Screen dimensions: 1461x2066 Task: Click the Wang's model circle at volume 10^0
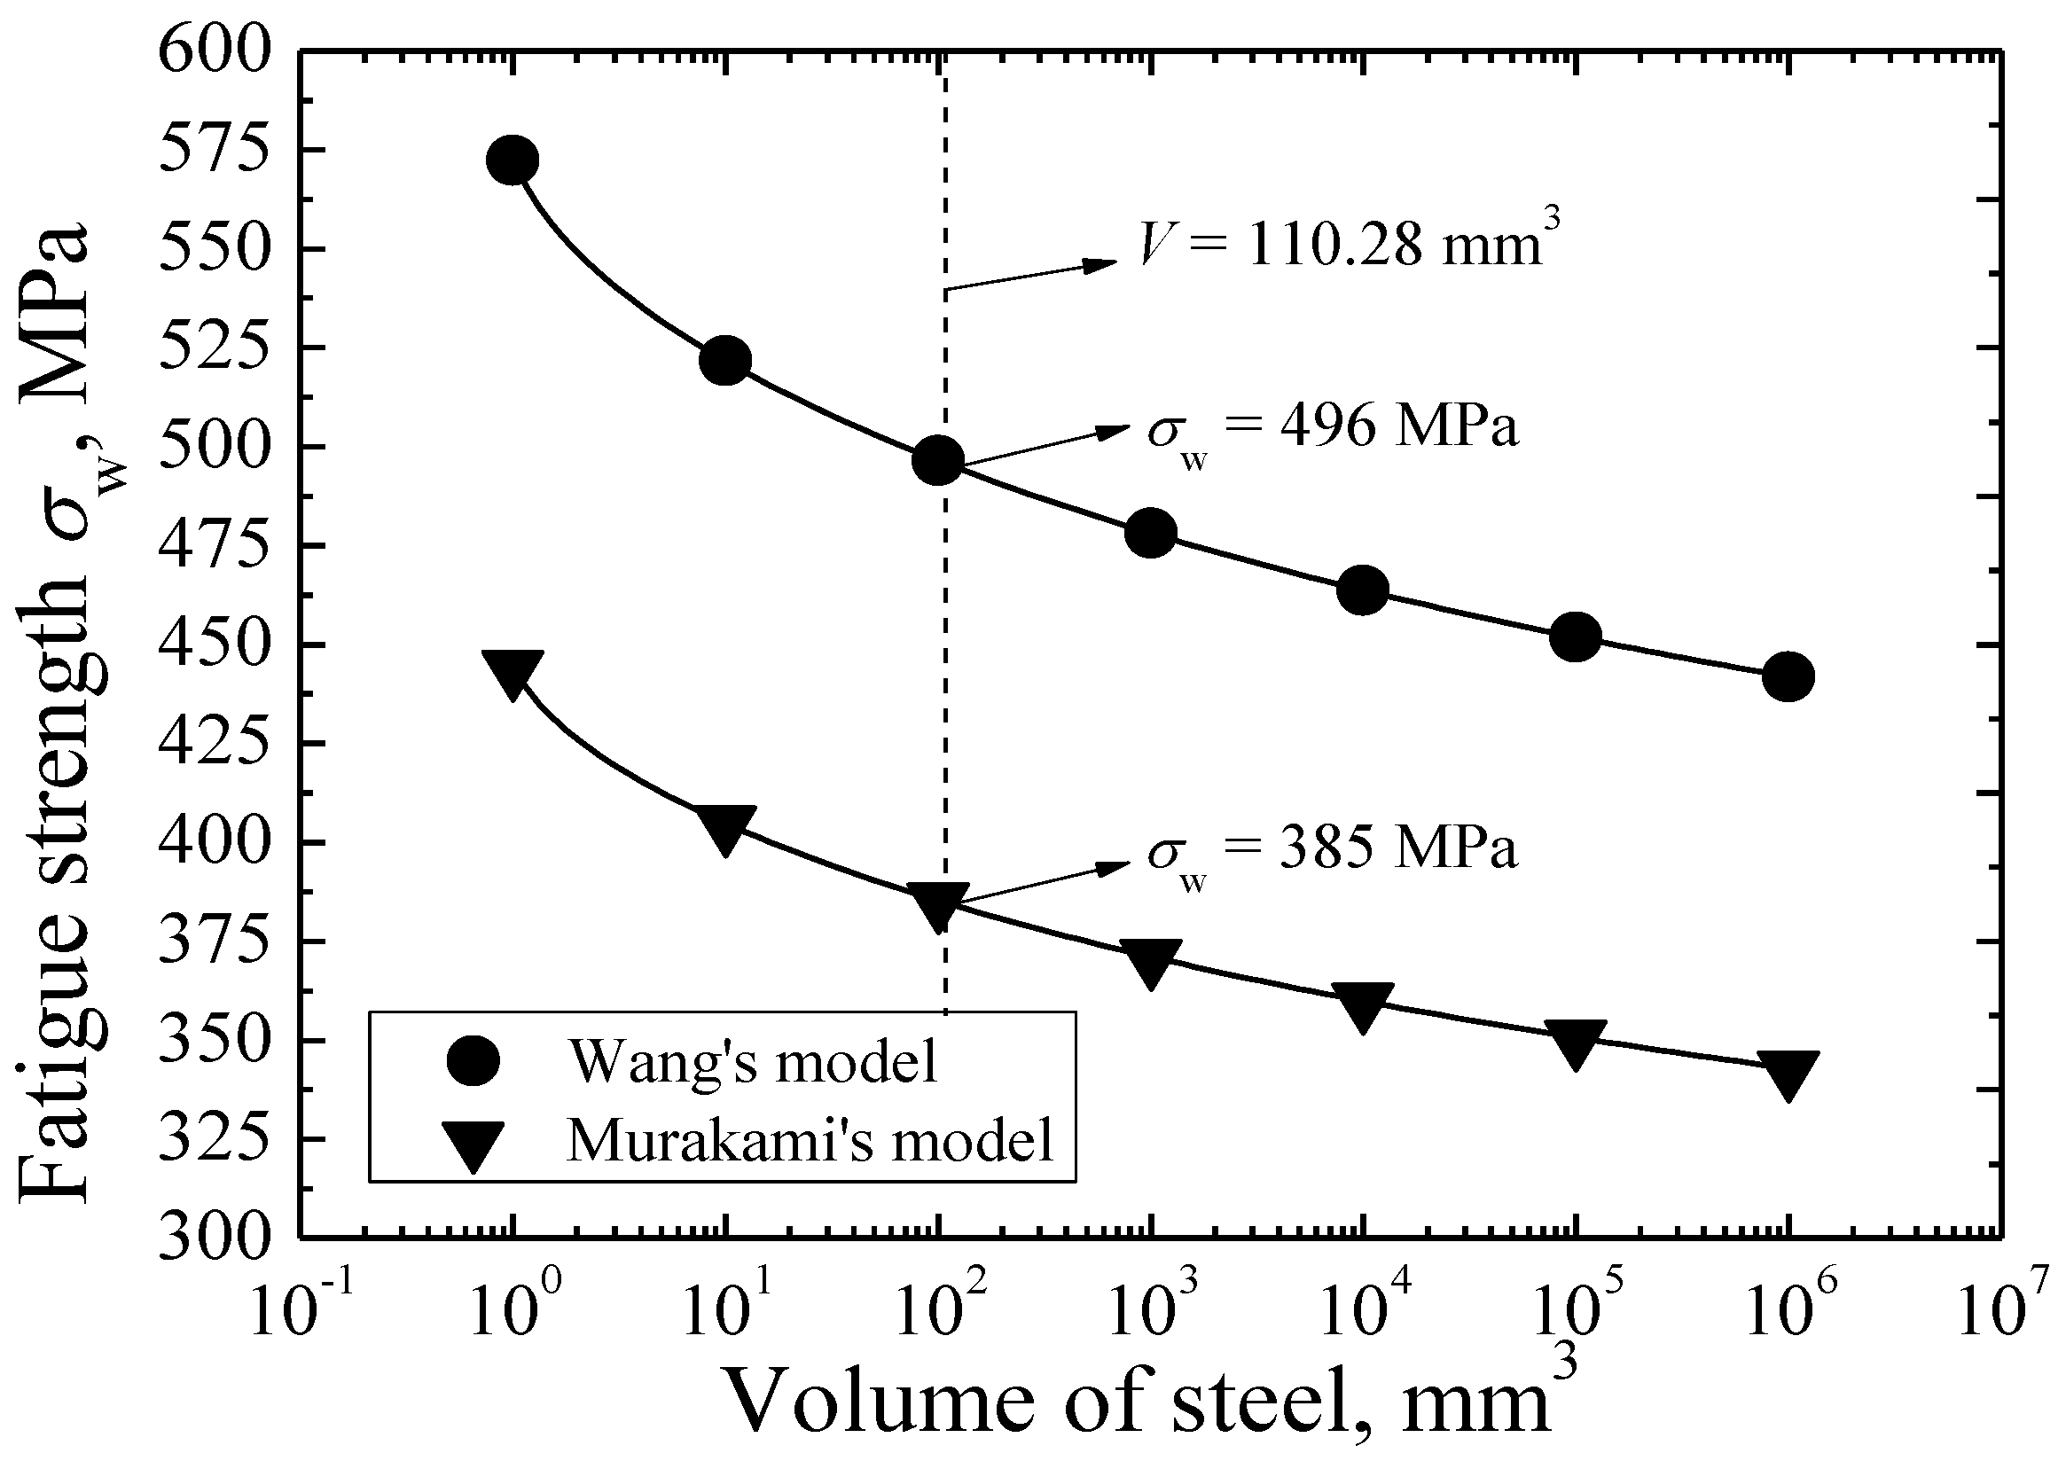click(512, 160)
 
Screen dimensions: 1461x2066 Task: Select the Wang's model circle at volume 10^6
click(1788, 676)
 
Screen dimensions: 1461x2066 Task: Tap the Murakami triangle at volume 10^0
click(512, 673)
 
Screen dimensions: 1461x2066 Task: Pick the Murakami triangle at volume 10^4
click(1362, 1006)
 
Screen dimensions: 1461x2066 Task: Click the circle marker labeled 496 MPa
click(937, 461)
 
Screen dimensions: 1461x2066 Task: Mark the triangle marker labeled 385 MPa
click(938, 905)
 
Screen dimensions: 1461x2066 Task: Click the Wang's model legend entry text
click(752, 1061)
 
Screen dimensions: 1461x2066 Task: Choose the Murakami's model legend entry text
click(810, 1141)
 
